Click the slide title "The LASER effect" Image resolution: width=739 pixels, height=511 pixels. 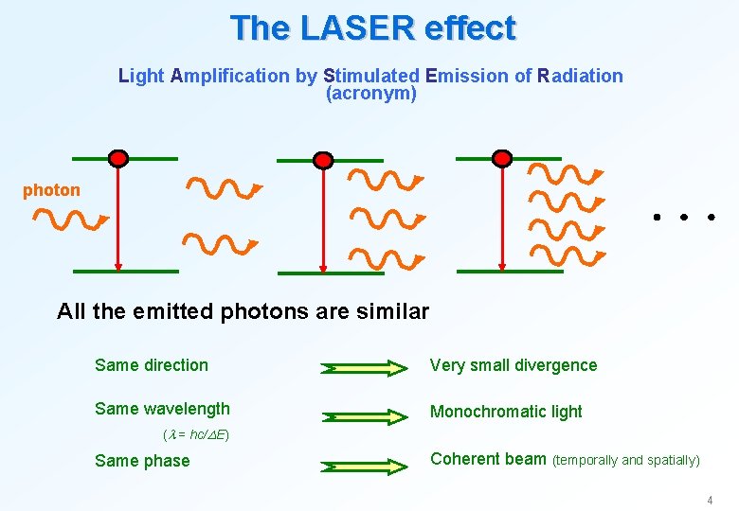coord(372,27)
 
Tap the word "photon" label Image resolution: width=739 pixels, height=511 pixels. coord(51,190)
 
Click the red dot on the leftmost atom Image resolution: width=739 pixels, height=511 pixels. coord(117,158)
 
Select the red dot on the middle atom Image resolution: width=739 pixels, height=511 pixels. coord(323,159)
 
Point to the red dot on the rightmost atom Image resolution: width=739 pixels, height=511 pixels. coord(502,158)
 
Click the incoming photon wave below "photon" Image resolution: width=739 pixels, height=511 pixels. coord(71,221)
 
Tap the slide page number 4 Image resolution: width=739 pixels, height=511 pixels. coord(708,499)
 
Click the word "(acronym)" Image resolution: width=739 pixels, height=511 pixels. coord(370,94)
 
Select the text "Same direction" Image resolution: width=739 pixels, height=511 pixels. coord(152,365)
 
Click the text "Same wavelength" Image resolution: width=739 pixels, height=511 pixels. coord(162,409)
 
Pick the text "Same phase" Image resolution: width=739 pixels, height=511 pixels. coord(142,461)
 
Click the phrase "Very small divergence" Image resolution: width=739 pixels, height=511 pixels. coord(514,365)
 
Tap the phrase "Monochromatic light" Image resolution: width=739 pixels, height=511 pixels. coord(506,412)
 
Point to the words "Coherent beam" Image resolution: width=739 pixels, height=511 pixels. coord(488,459)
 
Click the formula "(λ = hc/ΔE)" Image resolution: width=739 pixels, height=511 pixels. coord(196,435)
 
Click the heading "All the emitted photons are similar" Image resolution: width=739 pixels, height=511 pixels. coord(243,311)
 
